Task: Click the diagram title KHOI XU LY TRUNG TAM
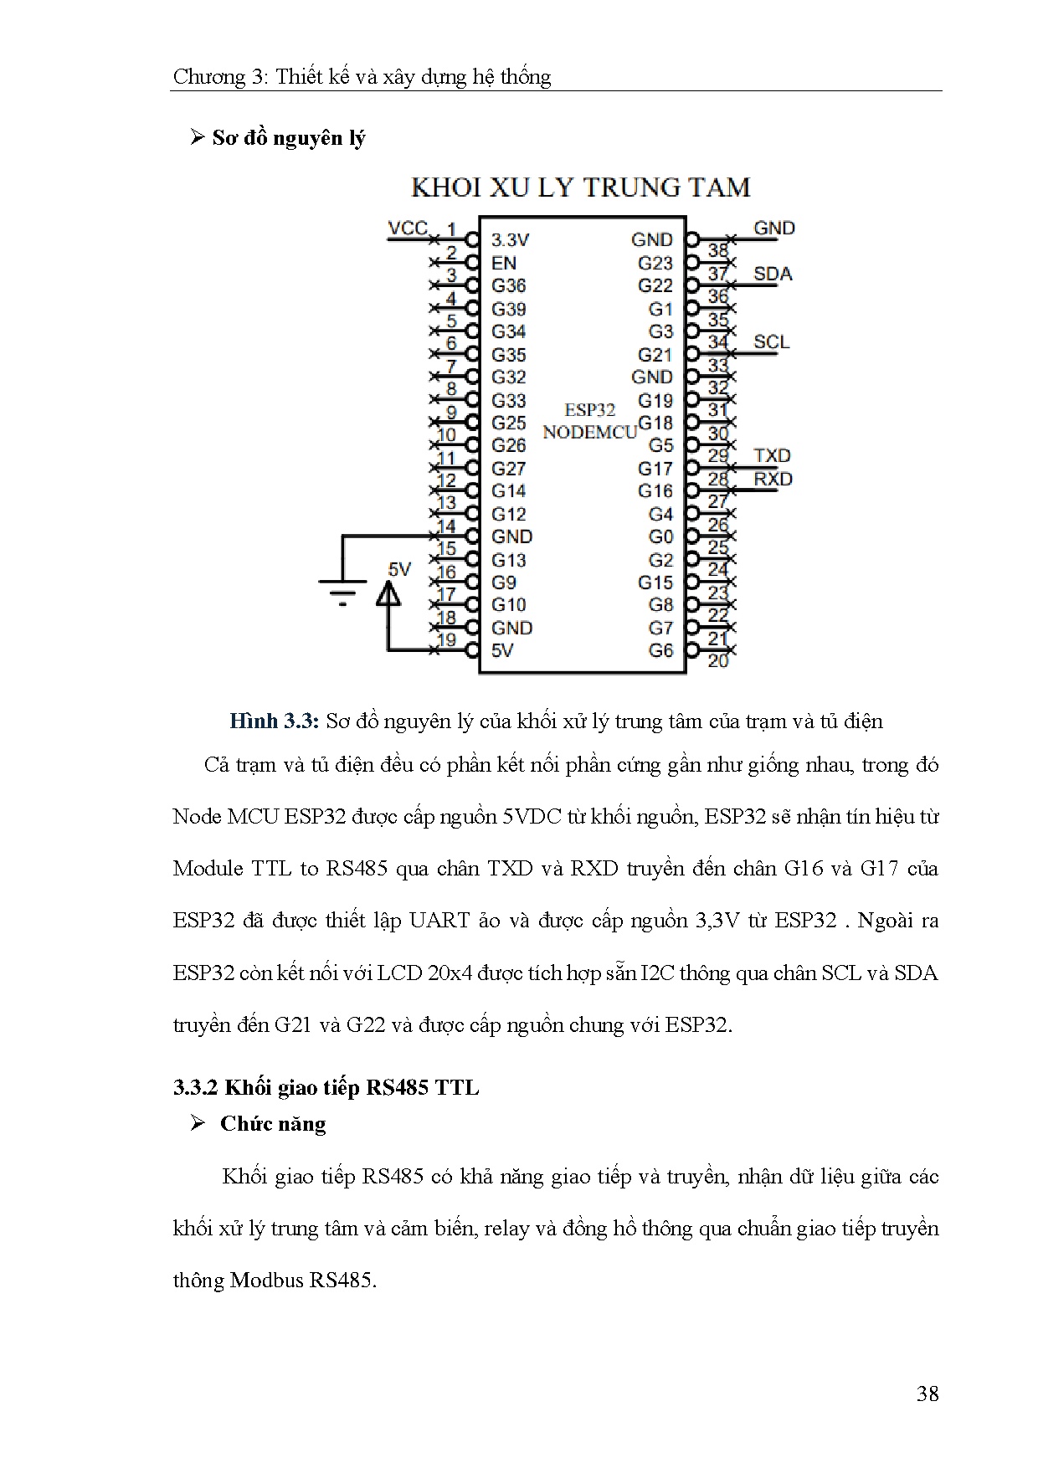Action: pyautogui.click(x=580, y=187)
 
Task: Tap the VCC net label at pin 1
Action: pyautogui.click(x=408, y=228)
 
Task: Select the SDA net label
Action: pyautogui.click(x=772, y=274)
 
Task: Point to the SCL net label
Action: pyautogui.click(x=771, y=341)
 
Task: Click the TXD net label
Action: pyautogui.click(x=772, y=455)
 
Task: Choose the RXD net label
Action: pyautogui.click(x=773, y=479)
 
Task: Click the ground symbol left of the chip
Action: pyautogui.click(x=342, y=589)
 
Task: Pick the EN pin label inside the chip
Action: pyautogui.click(x=504, y=263)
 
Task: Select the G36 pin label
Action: pyautogui.click(x=509, y=285)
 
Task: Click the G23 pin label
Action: pyautogui.click(x=655, y=263)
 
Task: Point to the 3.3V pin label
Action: pyautogui.click(x=510, y=240)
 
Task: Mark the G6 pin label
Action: pyautogui.click(x=660, y=650)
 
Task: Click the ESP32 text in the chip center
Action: pyautogui.click(x=589, y=409)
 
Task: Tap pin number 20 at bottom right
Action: pyautogui.click(x=718, y=661)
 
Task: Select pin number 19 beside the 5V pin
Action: pyautogui.click(x=447, y=640)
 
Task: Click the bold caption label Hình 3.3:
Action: pyautogui.click(x=275, y=721)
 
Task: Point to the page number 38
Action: pyautogui.click(x=928, y=1394)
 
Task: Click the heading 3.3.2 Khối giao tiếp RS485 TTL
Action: pyautogui.click(x=326, y=1087)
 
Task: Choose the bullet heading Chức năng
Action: pyautogui.click(x=273, y=1124)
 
